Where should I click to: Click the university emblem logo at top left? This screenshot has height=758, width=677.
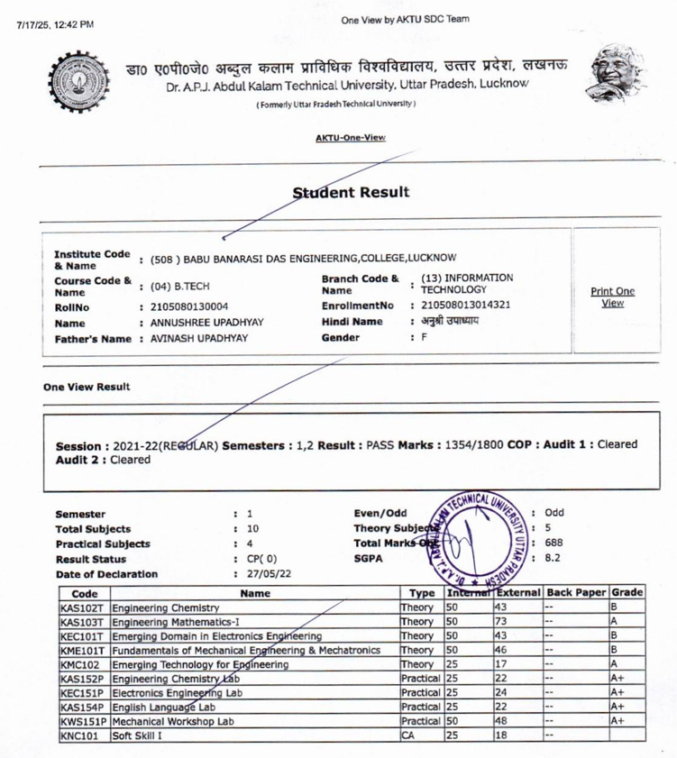(79, 88)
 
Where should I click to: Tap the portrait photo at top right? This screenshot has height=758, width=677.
(615, 82)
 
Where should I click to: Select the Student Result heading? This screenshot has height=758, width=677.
(351, 192)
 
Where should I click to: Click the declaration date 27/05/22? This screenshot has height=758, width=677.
(267, 573)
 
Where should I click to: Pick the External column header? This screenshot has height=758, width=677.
(517, 593)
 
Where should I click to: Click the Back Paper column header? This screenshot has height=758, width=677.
(576, 593)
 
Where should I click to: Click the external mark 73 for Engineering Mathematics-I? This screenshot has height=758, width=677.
(502, 622)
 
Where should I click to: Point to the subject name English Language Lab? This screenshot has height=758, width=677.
(163, 708)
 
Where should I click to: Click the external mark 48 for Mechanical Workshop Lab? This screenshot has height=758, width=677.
(502, 721)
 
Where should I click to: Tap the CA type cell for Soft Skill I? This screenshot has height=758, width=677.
(407, 735)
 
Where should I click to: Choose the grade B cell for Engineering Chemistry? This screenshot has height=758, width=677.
(614, 607)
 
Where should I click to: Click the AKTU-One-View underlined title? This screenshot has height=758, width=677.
(350, 137)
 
